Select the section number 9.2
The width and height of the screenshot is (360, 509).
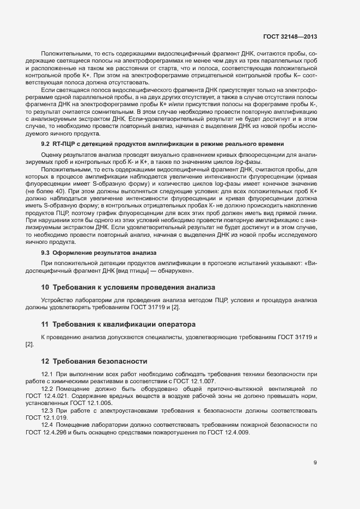pyautogui.click(x=46, y=144)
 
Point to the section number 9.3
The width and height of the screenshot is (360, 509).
pyautogui.click(x=46, y=253)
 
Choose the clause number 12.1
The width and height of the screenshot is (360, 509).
pyautogui.click(x=48, y=375)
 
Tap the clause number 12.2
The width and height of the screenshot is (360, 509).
pyautogui.click(x=48, y=389)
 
